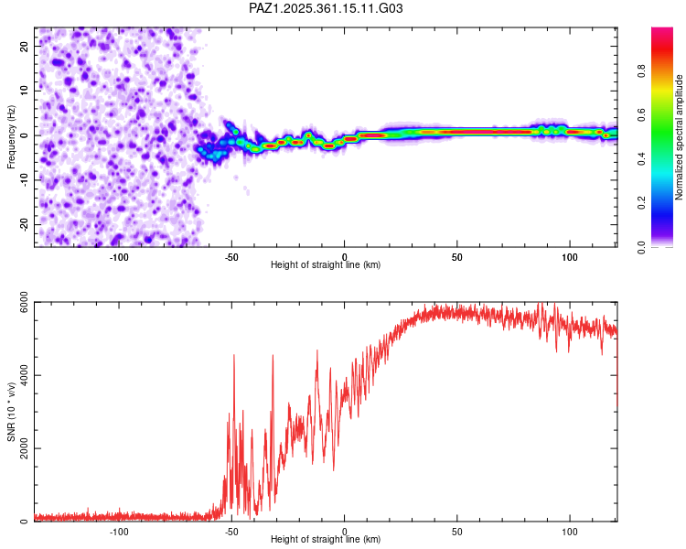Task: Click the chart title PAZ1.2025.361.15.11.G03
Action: [x=327, y=8]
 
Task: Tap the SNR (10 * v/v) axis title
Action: [x=12, y=412]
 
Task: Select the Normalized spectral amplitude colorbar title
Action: [x=680, y=137]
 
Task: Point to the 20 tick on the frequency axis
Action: [x=25, y=45]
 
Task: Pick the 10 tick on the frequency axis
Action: [x=25, y=90]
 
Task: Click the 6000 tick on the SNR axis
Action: [x=19, y=303]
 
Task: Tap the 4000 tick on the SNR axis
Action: [x=19, y=375]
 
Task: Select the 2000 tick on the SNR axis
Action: [x=19, y=448]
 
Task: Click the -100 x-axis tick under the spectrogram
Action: [x=119, y=256]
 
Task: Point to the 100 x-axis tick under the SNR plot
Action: [x=570, y=532]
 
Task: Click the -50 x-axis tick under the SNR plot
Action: [x=231, y=532]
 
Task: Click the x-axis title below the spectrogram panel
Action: [x=326, y=264]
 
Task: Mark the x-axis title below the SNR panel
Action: [x=326, y=540]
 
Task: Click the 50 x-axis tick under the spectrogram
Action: [x=457, y=256]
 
